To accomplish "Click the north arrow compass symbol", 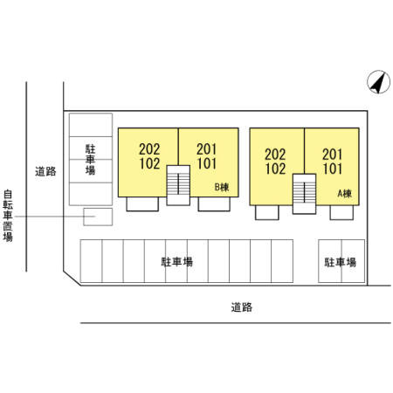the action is (x=378, y=82).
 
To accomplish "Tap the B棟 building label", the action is (x=222, y=187).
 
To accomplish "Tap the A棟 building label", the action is (x=345, y=194).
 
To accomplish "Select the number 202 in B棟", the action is (x=149, y=149).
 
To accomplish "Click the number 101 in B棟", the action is (x=207, y=163).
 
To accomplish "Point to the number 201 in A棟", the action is (x=332, y=155).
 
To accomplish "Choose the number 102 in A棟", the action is (x=275, y=169).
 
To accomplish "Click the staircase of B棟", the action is (x=178, y=185).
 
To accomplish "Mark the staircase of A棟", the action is (x=304, y=194).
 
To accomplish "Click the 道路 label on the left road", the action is (x=45, y=171).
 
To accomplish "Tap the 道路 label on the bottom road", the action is (x=242, y=307).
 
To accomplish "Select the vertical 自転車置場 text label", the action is (x=8, y=216).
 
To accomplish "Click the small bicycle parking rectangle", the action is (x=98, y=217).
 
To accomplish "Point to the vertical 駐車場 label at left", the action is (x=91, y=160).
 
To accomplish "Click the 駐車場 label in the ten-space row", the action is (x=177, y=262).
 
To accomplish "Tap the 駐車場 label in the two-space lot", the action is (x=341, y=262).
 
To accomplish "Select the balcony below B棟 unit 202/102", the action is (x=142, y=203).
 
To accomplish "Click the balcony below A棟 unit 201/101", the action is (x=341, y=212).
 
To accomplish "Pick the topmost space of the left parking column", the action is (x=91, y=125).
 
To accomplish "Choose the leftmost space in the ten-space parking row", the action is (x=91, y=261).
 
